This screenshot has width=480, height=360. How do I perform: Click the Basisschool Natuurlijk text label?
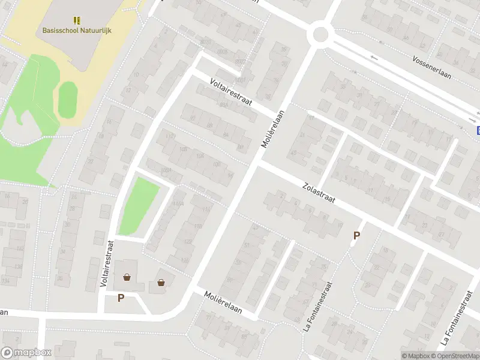(x=77, y=31)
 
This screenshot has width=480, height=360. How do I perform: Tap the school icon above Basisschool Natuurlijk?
(x=77, y=20)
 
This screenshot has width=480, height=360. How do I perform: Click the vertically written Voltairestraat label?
(x=109, y=264)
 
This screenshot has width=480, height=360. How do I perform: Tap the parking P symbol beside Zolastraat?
(x=356, y=236)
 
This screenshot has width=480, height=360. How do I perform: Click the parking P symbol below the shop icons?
(x=121, y=298)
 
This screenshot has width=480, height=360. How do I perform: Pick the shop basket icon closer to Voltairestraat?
(x=127, y=277)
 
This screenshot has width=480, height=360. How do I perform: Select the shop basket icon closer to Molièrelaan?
(x=161, y=282)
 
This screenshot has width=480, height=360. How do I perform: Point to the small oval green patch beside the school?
(x=67, y=99)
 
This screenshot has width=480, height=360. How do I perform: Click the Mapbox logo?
(x=26, y=353)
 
